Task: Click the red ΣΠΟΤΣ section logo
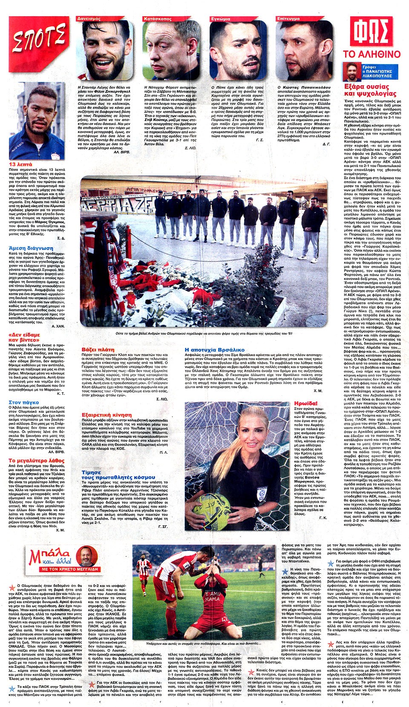[x=39, y=39]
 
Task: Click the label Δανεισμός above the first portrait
[x=89, y=19]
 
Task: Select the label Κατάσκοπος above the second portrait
[x=158, y=19]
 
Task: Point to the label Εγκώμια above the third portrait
[x=221, y=19]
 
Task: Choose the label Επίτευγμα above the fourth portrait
[x=288, y=19]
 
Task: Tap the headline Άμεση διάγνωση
[x=31, y=248]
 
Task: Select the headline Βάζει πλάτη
[x=98, y=350]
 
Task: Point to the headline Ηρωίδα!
[x=305, y=403]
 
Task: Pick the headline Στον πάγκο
[x=23, y=402]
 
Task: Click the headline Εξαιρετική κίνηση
[x=107, y=414]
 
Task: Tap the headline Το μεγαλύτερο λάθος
[x=36, y=461]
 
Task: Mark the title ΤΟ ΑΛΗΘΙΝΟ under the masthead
[x=372, y=54]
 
